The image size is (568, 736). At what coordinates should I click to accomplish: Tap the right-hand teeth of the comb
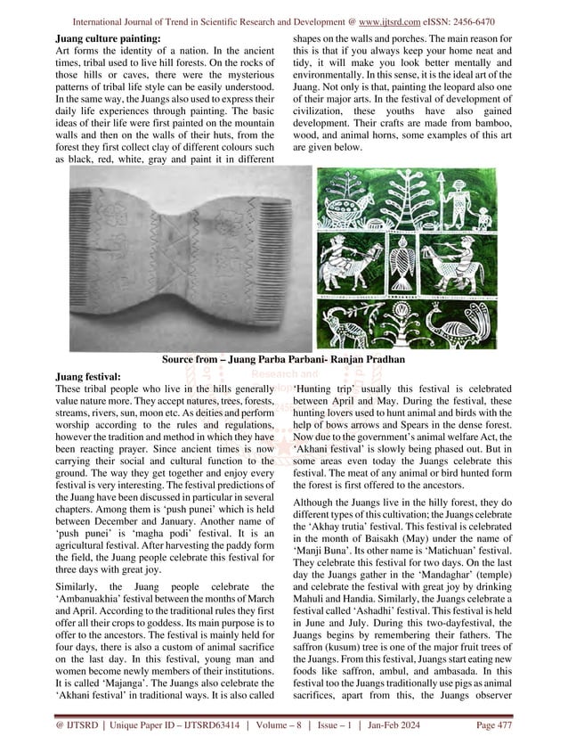pos(267,267)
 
